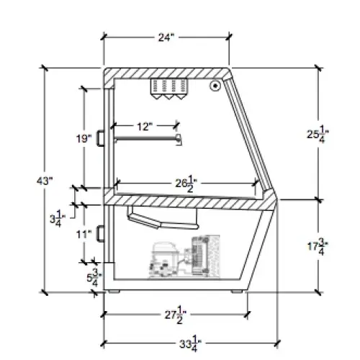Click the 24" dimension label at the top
166,37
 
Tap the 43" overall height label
45,181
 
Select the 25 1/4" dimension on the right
318,135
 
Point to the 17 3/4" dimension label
318,246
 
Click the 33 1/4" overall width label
190,344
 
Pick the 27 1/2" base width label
176,315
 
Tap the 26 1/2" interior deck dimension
186,184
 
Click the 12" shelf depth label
145,127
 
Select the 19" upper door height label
84,138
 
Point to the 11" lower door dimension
84,234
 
